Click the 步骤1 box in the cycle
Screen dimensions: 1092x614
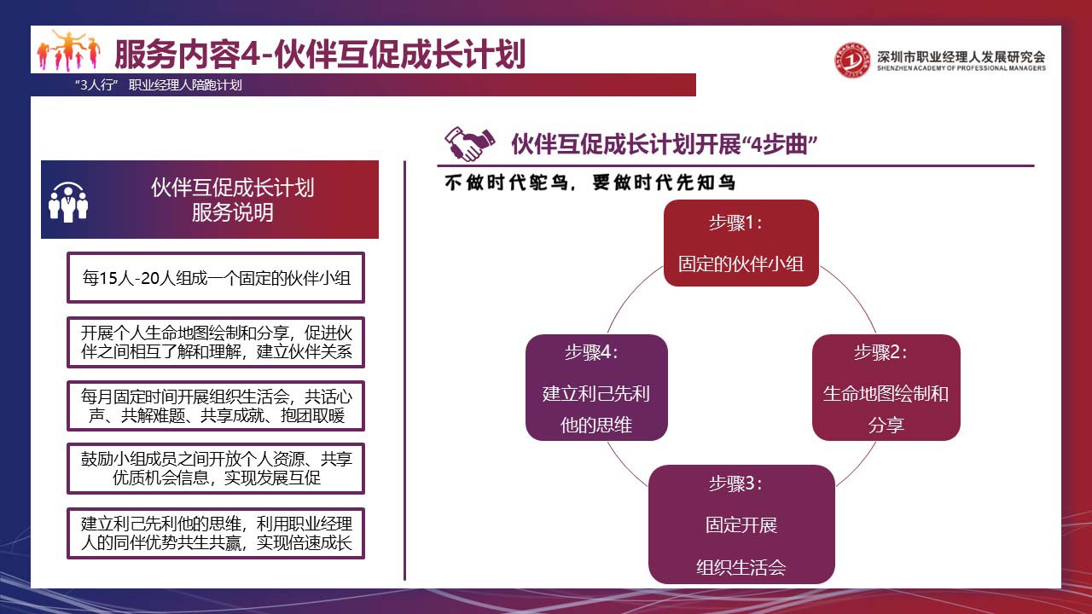(741, 243)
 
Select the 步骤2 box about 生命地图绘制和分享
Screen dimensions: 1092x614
(886, 387)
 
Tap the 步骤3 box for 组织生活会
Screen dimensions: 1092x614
(741, 524)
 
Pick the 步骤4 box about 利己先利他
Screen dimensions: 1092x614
(596, 387)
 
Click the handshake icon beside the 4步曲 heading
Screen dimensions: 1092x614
(469, 143)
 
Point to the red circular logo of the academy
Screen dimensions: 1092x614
(851, 60)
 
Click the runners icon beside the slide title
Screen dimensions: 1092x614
(69, 50)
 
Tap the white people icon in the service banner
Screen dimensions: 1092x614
(68, 202)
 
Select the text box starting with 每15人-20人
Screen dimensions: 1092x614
(216, 278)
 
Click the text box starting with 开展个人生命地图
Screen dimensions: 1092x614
(216, 342)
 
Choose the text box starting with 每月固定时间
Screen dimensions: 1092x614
(216, 406)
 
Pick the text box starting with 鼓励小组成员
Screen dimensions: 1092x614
(216, 468)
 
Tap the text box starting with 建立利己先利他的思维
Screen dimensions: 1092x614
(216, 533)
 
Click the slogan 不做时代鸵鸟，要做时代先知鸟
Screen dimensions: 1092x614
(590, 182)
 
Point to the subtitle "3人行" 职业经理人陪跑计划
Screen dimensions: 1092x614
(159, 85)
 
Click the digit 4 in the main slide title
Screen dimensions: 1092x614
(251, 54)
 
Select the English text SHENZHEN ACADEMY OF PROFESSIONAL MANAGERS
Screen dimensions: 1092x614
(961, 68)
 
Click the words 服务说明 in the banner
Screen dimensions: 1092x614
(233, 212)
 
